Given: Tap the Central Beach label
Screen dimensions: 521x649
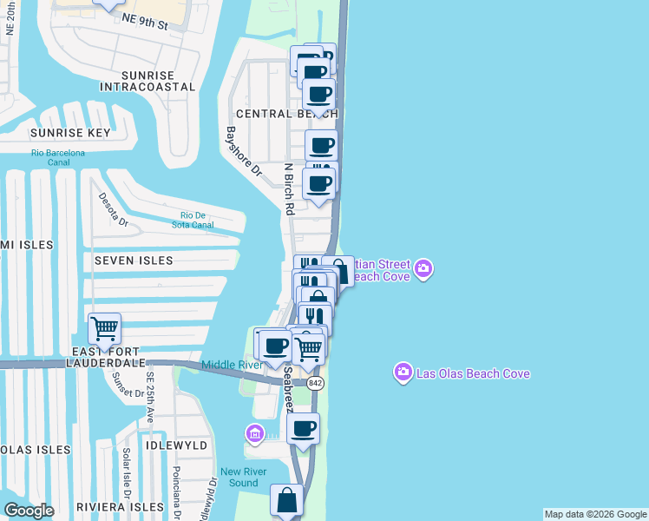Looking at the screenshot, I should pyautogui.click(x=286, y=114).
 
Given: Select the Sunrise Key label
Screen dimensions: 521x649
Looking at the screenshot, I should pyautogui.click(x=70, y=133).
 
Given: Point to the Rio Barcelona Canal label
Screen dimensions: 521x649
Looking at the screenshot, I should pyautogui.click(x=58, y=157).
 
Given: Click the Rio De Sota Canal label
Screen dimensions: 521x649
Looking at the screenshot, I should pyautogui.click(x=196, y=221).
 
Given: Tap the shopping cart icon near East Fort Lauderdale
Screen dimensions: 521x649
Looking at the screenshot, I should pyautogui.click(x=104, y=329).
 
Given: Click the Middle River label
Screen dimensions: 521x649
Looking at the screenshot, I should pyautogui.click(x=233, y=365).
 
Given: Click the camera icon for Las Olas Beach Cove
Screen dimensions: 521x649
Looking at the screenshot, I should pyautogui.click(x=403, y=373).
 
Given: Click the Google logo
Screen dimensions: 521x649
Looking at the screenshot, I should pyautogui.click(x=29, y=511).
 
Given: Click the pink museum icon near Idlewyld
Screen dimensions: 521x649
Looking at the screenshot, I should pyautogui.click(x=254, y=432).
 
